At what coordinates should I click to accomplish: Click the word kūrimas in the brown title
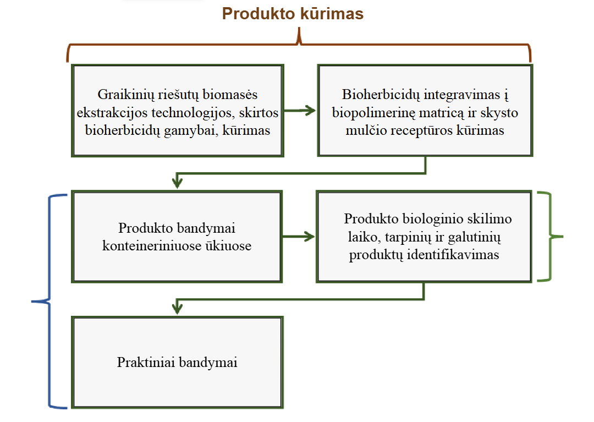click(329, 14)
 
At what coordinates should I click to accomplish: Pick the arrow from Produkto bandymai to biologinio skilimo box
click(300, 237)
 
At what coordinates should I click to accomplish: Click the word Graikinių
click(122, 94)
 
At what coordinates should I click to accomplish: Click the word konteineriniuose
click(146, 245)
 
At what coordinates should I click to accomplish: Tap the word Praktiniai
click(145, 363)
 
